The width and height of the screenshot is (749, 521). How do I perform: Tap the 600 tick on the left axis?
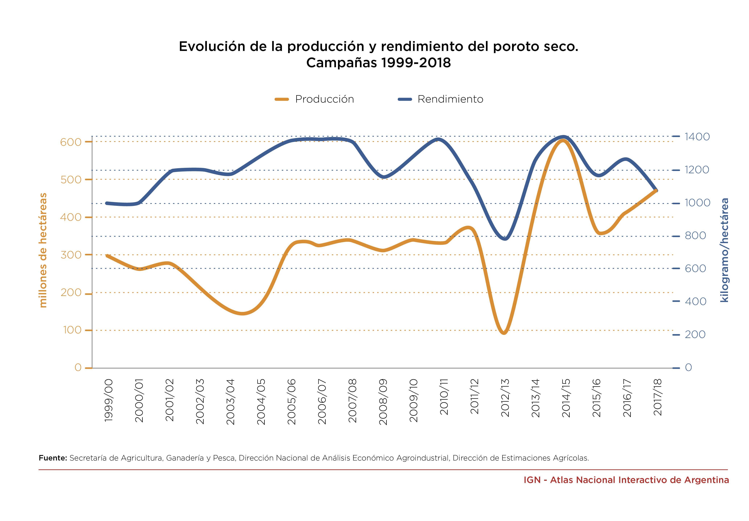click(x=71, y=142)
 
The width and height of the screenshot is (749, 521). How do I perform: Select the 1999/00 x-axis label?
click(x=109, y=400)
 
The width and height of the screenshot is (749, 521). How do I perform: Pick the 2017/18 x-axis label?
click(x=658, y=397)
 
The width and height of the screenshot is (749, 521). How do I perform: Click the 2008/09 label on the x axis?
click(x=383, y=402)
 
